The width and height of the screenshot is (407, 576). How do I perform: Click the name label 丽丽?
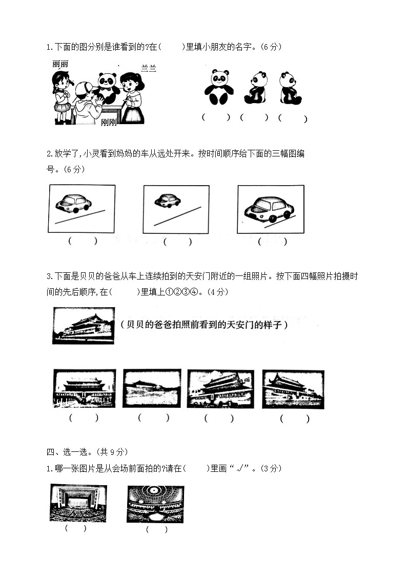(x=60, y=64)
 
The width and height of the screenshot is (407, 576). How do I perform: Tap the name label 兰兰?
(x=148, y=68)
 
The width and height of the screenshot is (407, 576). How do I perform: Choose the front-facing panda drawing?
(x=219, y=87)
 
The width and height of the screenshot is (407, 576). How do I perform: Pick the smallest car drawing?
(x=167, y=201)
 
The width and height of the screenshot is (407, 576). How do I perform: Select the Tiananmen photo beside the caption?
(x=83, y=326)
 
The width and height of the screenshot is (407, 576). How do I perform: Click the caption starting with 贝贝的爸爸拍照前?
(x=204, y=325)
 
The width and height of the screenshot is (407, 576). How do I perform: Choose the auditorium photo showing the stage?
(x=78, y=503)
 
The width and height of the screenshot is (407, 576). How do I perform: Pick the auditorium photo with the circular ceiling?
(x=155, y=504)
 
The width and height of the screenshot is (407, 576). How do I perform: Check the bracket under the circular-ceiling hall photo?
(x=156, y=530)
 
